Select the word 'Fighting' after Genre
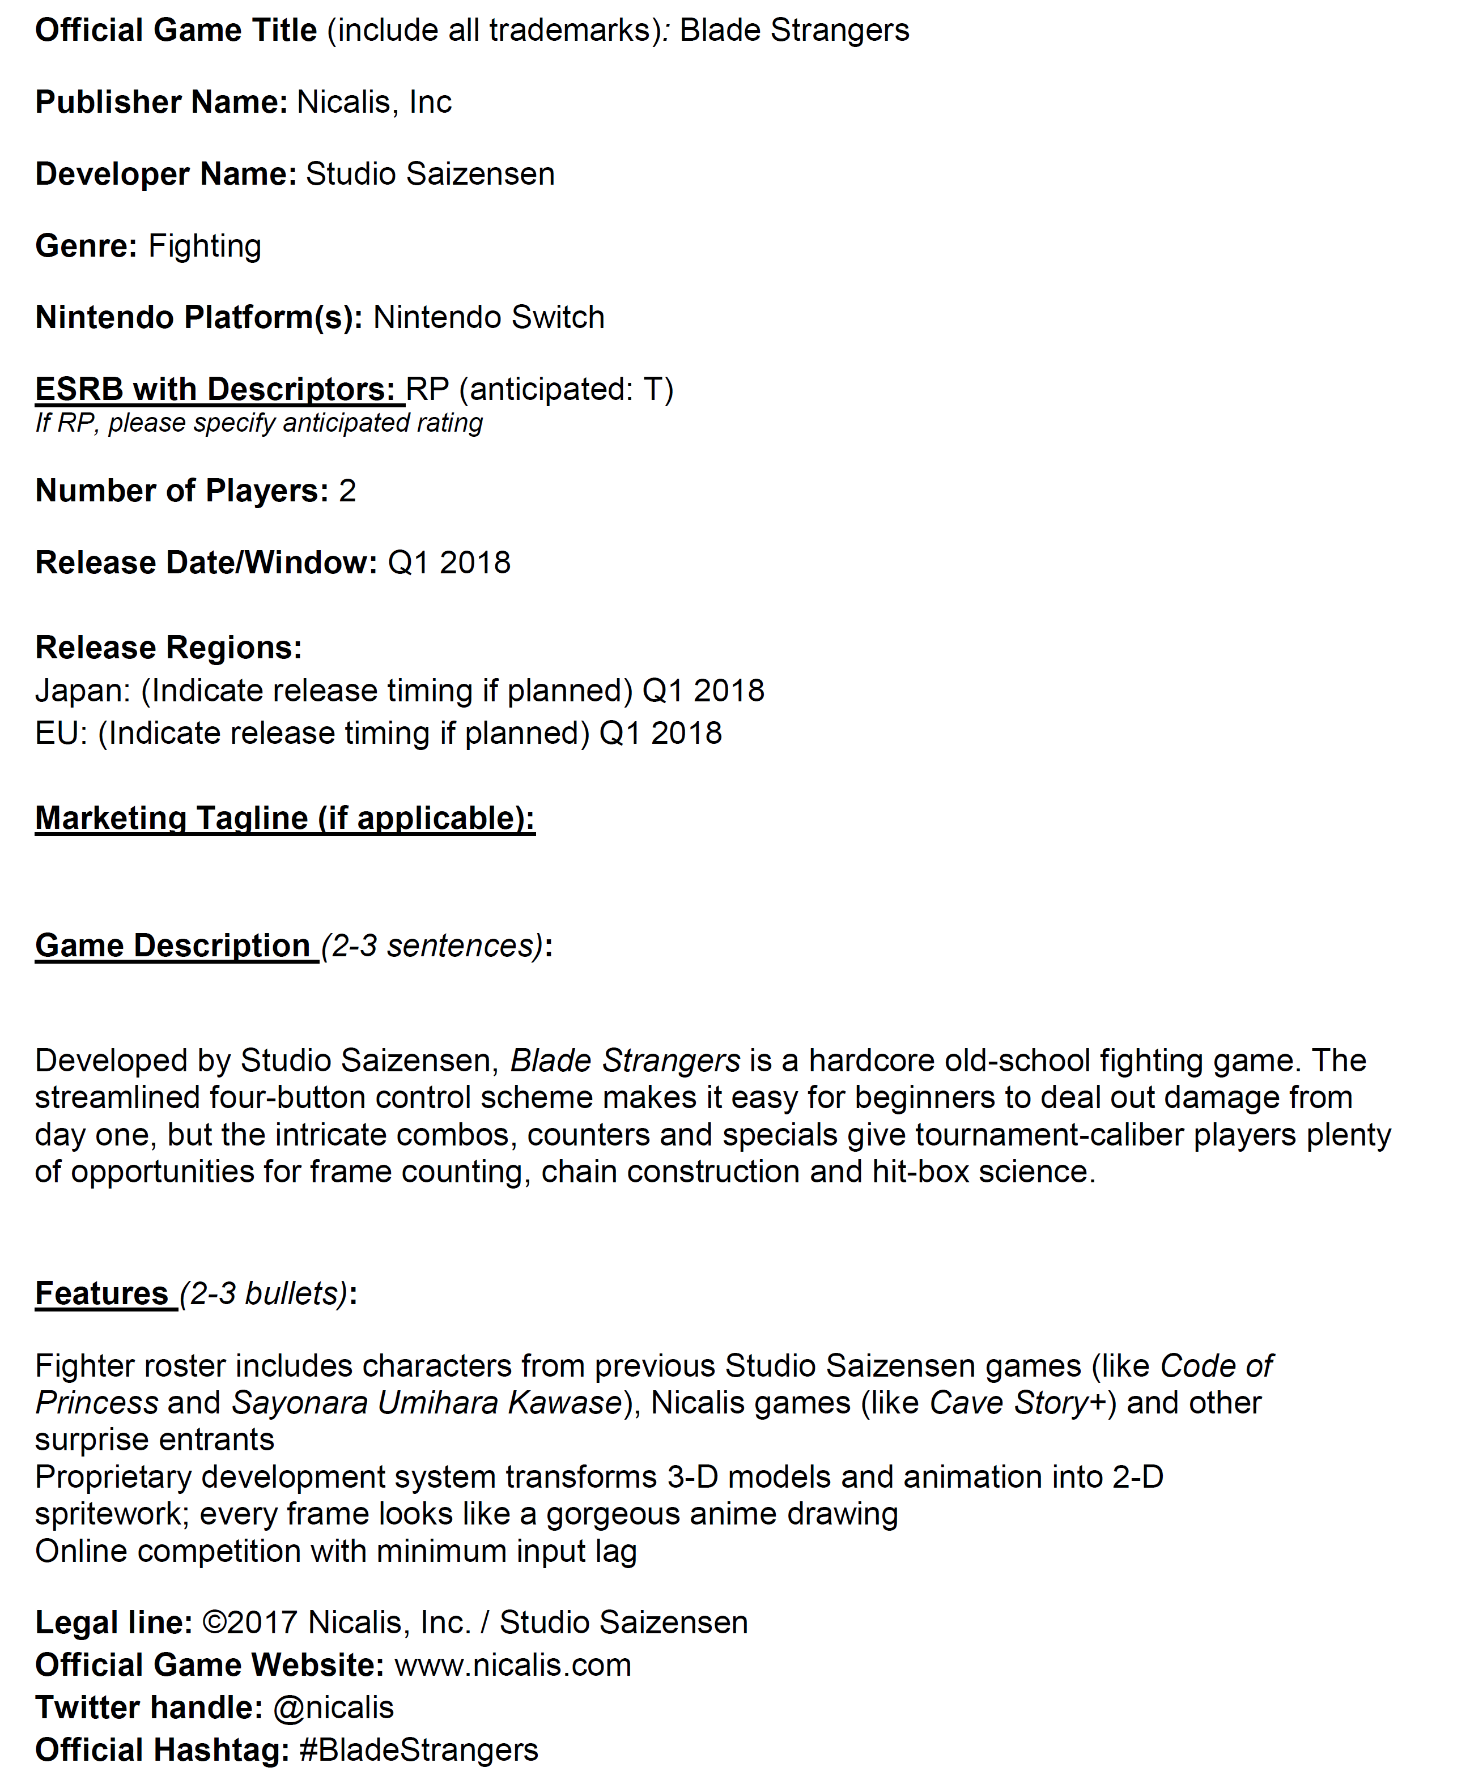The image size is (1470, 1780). [x=204, y=246]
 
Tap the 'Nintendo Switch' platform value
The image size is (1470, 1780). [x=488, y=317]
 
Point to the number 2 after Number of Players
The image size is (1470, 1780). [x=347, y=491]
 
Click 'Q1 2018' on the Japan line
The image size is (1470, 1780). [x=703, y=691]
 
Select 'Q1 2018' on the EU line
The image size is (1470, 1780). [x=661, y=733]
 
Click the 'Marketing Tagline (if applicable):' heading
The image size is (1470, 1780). [x=284, y=819]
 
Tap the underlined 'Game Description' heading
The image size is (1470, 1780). [x=173, y=946]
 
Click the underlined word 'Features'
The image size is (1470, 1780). [x=101, y=1293]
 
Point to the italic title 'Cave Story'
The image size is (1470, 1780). [x=1008, y=1403]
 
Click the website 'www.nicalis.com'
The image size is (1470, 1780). [x=512, y=1665]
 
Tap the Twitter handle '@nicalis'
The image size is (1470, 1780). [x=333, y=1707]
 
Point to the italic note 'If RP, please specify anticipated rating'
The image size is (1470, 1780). [x=258, y=423]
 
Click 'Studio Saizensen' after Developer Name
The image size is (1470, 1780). [x=430, y=174]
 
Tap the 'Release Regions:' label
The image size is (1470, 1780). [x=168, y=648]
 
